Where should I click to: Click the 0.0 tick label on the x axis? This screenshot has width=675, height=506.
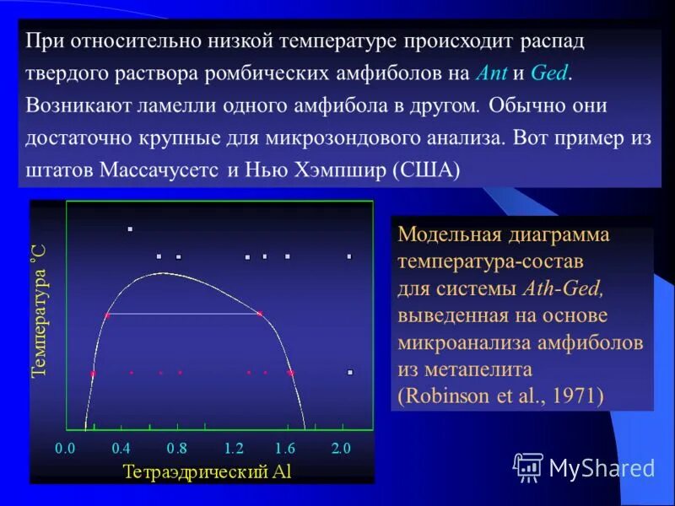(x=66, y=448)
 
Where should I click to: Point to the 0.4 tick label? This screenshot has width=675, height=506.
(x=121, y=448)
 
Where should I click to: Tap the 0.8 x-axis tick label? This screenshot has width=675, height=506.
(x=176, y=448)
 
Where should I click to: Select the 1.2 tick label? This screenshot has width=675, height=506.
(x=234, y=448)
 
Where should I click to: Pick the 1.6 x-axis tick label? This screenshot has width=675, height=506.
(x=285, y=448)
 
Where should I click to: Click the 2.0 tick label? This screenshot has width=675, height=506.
(x=340, y=448)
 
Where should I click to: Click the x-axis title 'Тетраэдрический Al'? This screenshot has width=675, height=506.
(x=208, y=471)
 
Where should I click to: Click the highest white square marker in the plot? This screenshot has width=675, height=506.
(x=129, y=229)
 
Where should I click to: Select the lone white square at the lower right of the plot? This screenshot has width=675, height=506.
(x=349, y=372)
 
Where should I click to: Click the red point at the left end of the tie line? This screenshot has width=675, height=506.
(x=107, y=315)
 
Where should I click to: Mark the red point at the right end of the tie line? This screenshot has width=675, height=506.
(x=259, y=314)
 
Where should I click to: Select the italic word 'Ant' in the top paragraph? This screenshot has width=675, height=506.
(x=492, y=73)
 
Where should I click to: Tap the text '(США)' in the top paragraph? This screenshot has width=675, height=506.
(x=427, y=170)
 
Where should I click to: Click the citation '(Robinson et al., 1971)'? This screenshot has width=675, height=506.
(x=500, y=396)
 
